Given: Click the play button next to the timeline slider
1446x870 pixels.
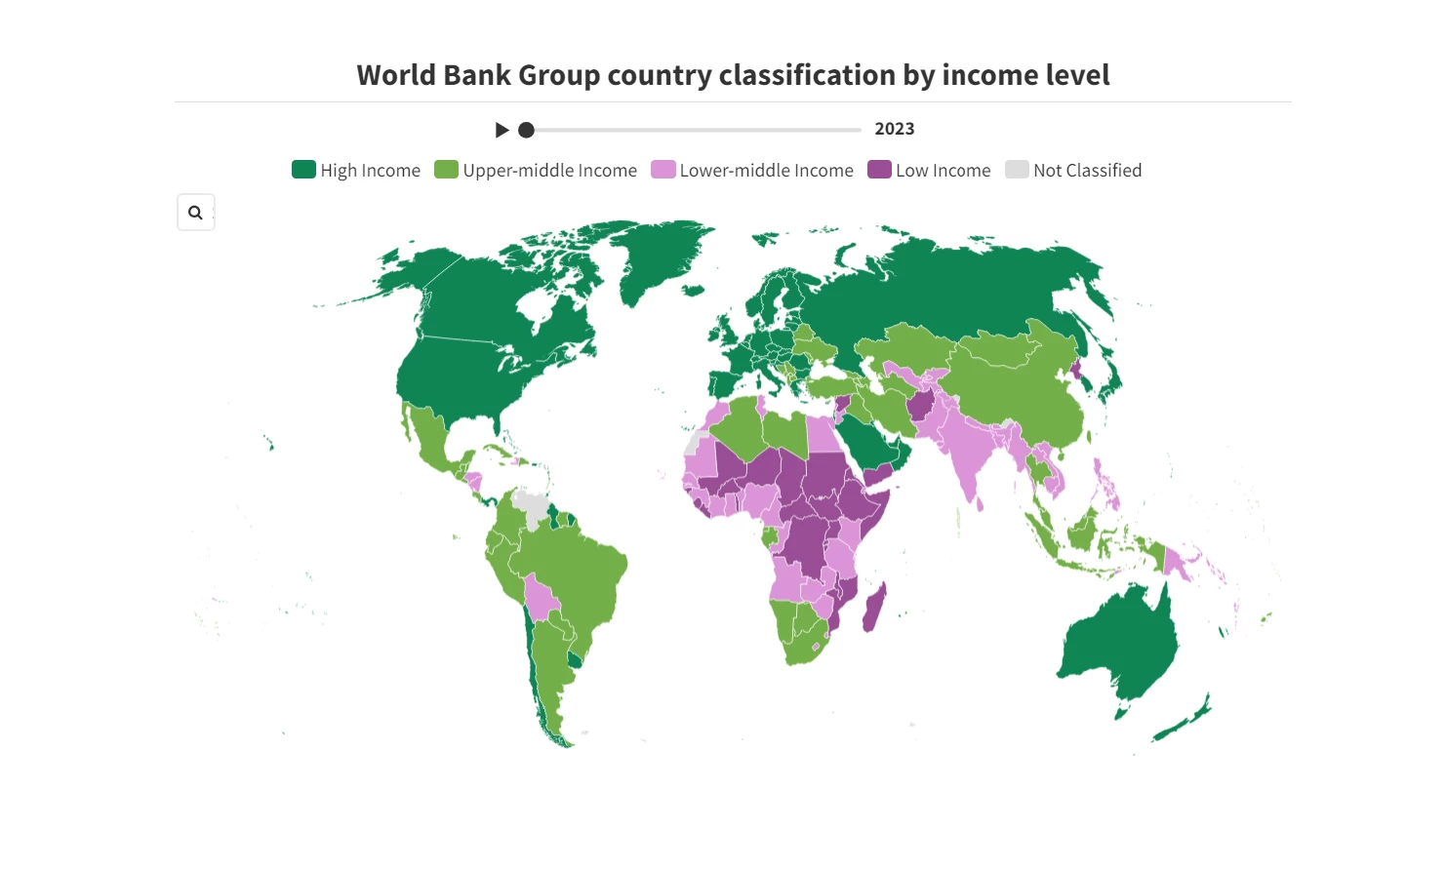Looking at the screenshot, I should point(502,130).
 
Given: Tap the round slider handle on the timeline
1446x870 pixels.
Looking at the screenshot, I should point(526,130).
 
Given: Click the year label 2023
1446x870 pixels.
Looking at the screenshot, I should point(894,129).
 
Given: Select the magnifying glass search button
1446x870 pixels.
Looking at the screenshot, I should point(195,213).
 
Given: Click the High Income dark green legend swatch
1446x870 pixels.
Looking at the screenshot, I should point(303,170).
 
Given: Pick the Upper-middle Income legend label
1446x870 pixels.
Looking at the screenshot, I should point(549,171).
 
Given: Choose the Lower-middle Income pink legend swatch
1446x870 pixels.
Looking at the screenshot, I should point(663,170).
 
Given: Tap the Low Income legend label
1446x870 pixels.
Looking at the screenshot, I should point(943,171).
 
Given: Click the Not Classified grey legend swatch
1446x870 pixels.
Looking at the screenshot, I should point(1017,170).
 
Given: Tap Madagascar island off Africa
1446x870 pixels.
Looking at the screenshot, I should point(874,609).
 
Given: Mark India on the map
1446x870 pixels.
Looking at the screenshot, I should point(966,454).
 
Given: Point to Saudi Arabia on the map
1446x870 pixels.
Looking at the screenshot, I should point(868,439).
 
